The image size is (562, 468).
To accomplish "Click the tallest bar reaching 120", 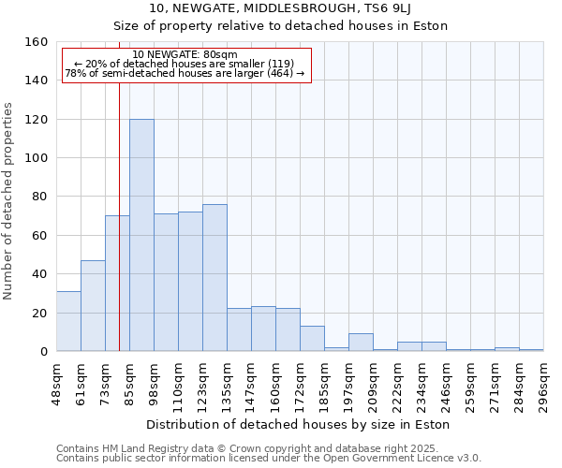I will click(141, 235).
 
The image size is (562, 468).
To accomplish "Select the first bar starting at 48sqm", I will click(68, 321).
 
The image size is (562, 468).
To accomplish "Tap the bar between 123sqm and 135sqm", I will click(214, 277).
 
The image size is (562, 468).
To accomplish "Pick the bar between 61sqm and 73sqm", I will click(93, 305).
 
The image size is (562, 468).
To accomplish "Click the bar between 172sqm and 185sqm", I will click(312, 339).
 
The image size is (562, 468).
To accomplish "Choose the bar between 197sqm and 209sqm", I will click(361, 343).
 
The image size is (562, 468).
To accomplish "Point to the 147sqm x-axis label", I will click(253, 381).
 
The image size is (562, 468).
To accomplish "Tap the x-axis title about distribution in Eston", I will click(300, 424).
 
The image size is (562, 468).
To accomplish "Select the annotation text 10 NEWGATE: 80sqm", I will click(185, 54).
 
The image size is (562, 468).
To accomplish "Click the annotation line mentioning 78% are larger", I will click(185, 73).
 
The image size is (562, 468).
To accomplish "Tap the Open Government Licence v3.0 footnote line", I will click(269, 458).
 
